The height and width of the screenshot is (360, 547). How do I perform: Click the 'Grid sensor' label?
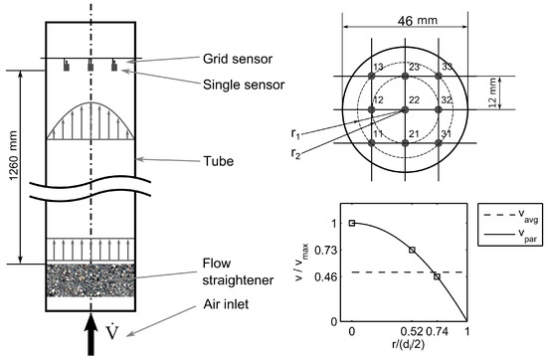pyautogui.click(x=238, y=59)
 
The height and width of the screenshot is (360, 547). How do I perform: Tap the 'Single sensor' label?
pyautogui.click(x=244, y=85)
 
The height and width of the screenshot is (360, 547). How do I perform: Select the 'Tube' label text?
pyautogui.click(x=219, y=161)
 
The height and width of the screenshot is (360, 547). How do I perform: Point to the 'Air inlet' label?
pyautogui.click(x=226, y=304)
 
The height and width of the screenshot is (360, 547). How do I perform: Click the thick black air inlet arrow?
pyautogui.click(x=91, y=334)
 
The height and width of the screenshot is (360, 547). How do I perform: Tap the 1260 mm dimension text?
pyautogui.click(x=13, y=156)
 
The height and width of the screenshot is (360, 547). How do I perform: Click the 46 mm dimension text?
pyautogui.click(x=418, y=21)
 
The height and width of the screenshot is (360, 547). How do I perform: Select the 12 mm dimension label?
pyautogui.click(x=492, y=93)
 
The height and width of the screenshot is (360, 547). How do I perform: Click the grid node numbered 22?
pyautogui.click(x=405, y=109)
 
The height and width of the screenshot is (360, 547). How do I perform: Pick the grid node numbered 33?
pyautogui.click(x=439, y=76)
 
